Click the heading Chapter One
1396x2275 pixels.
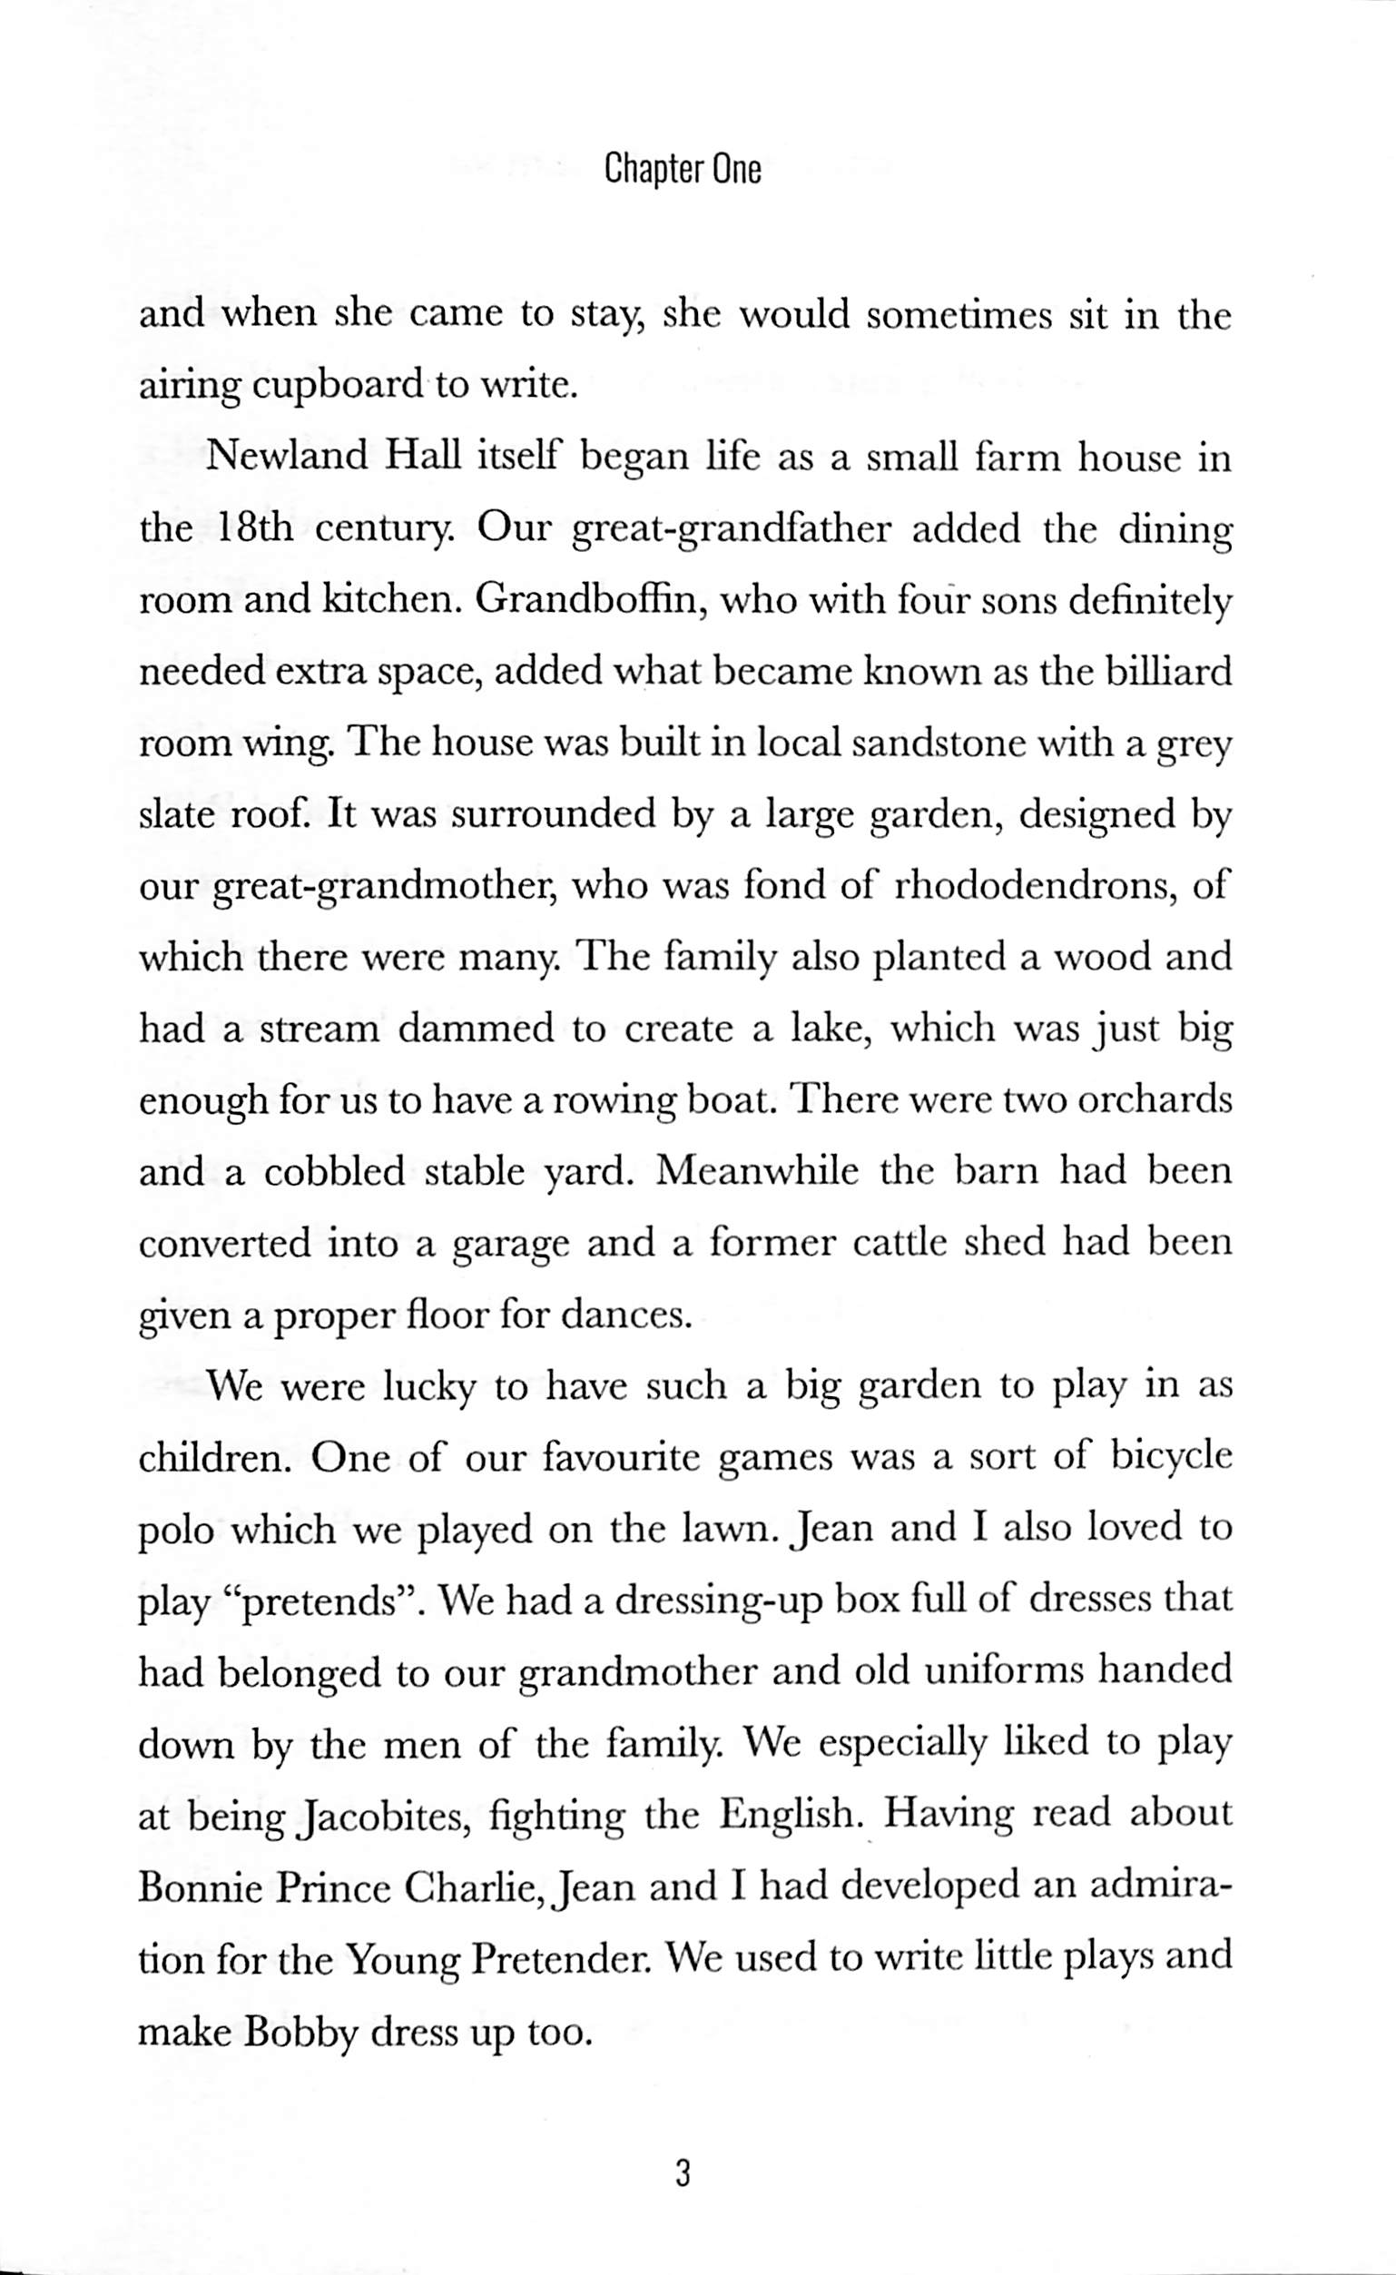pyautogui.click(x=683, y=171)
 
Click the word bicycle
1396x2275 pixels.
pyautogui.click(x=1172, y=1459)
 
